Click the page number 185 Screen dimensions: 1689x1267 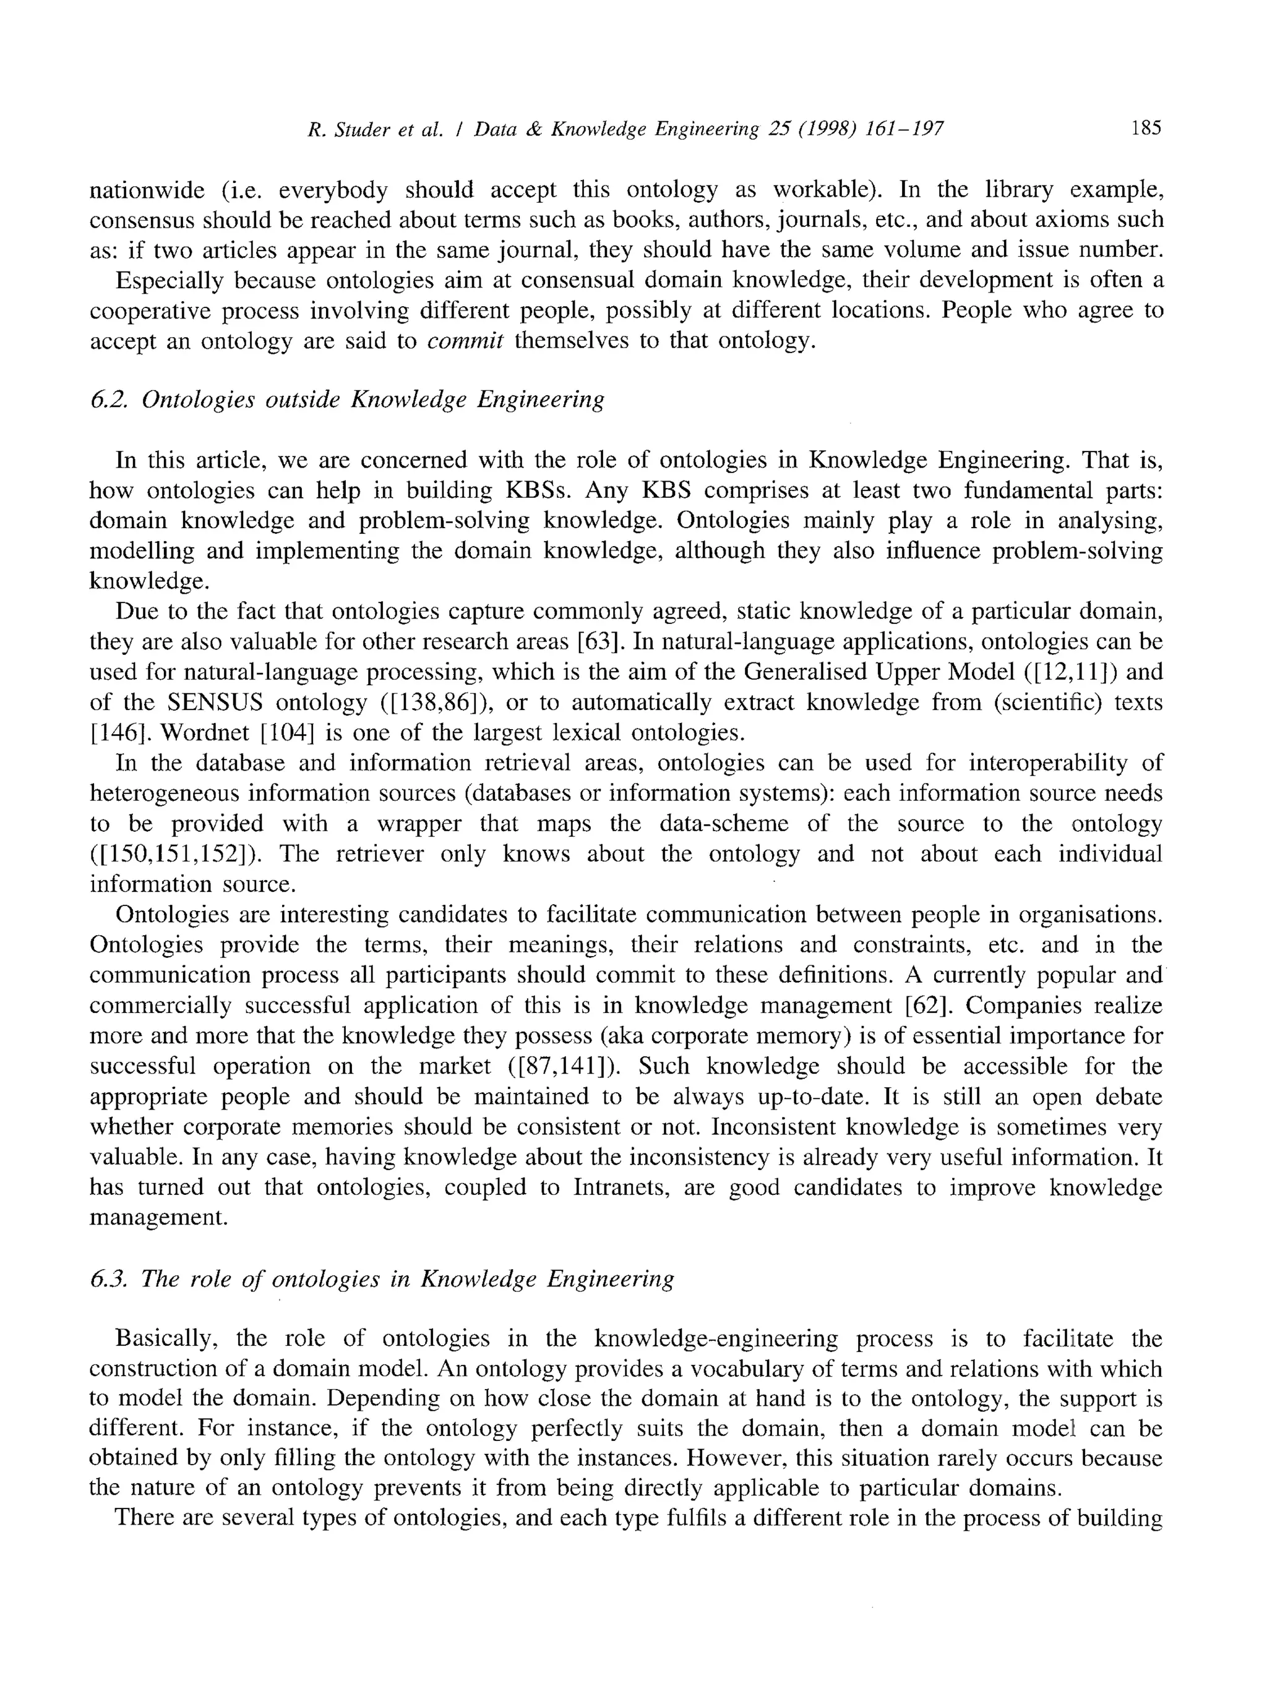click(1146, 127)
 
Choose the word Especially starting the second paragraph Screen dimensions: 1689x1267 click(170, 280)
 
